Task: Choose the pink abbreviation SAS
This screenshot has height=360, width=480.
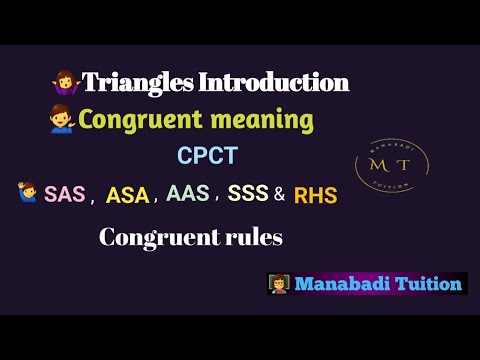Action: coord(65,195)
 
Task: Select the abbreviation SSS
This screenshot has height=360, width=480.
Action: coord(248,194)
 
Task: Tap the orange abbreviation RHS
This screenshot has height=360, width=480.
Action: coord(315,196)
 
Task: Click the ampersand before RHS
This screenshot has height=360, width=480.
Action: coord(279,195)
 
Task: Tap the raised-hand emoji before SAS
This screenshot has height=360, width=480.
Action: coord(27,193)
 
